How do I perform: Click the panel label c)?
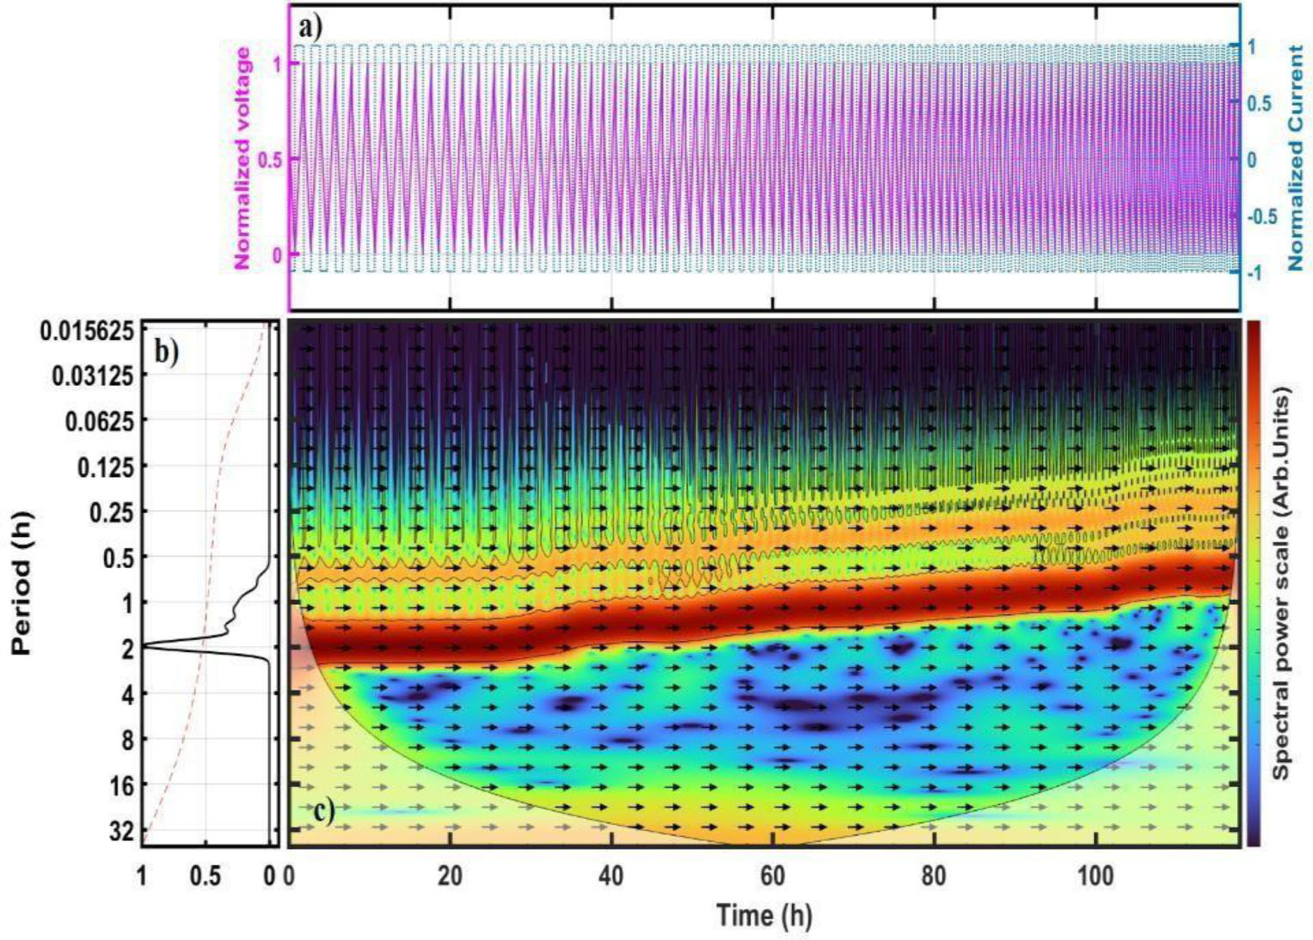coord(322,810)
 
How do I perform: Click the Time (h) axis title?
coord(764,916)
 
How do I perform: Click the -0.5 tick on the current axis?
coord(1264,217)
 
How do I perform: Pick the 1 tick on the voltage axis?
coord(277,64)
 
